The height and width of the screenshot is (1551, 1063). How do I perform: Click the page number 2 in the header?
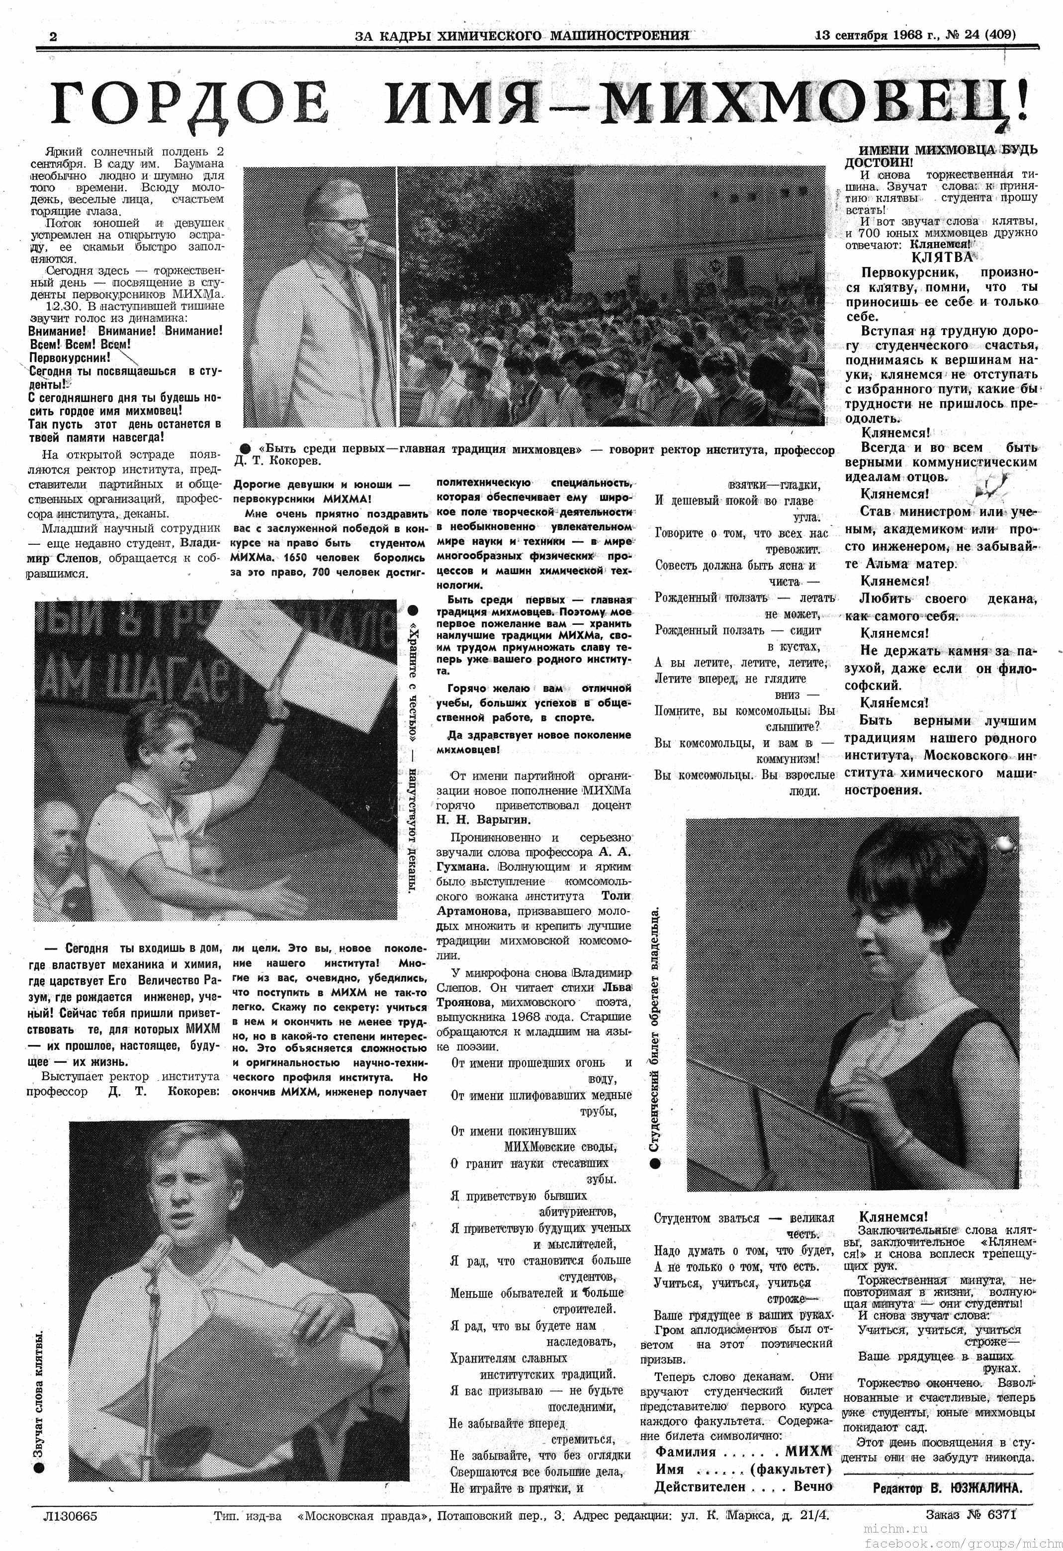click(53, 37)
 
